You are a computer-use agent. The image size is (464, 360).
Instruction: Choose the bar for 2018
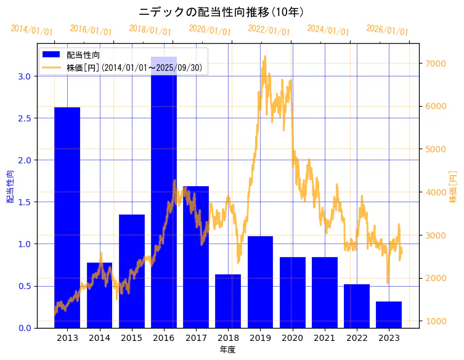[228, 301]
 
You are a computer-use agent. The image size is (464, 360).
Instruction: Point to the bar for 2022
[357, 306]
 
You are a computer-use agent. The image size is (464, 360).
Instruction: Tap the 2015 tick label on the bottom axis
[132, 338]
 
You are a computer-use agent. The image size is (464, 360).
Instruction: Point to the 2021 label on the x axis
[325, 338]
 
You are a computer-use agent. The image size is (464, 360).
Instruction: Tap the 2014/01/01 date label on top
[31, 30]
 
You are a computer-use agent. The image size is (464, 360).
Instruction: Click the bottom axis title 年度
[227, 350]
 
